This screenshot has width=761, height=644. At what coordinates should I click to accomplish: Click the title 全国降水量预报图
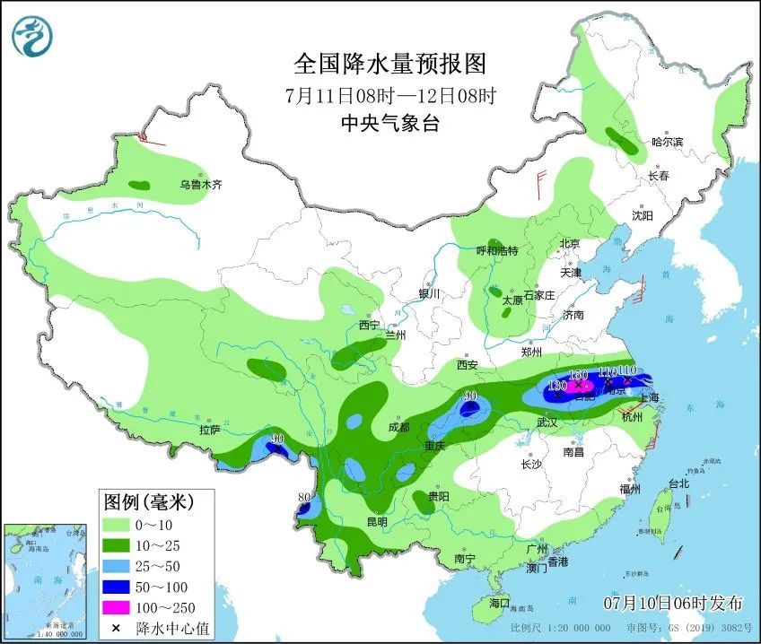pos(389,64)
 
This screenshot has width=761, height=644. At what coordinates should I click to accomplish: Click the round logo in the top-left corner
pos(33,36)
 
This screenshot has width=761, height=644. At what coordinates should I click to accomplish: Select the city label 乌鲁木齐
pos(199,185)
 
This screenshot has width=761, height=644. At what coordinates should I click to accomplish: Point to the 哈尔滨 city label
pos(667,142)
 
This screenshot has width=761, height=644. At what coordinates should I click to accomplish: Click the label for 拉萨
pos(209,430)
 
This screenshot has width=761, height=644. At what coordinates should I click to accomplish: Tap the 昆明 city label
pos(377,522)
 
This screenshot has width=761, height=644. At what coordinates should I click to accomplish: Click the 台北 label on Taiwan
pos(678,483)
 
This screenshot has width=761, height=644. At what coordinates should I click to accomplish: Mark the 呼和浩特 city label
pos(496,251)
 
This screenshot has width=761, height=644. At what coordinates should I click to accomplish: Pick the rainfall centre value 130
pos(556,385)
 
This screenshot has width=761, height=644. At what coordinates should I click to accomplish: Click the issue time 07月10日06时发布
pos(673,600)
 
